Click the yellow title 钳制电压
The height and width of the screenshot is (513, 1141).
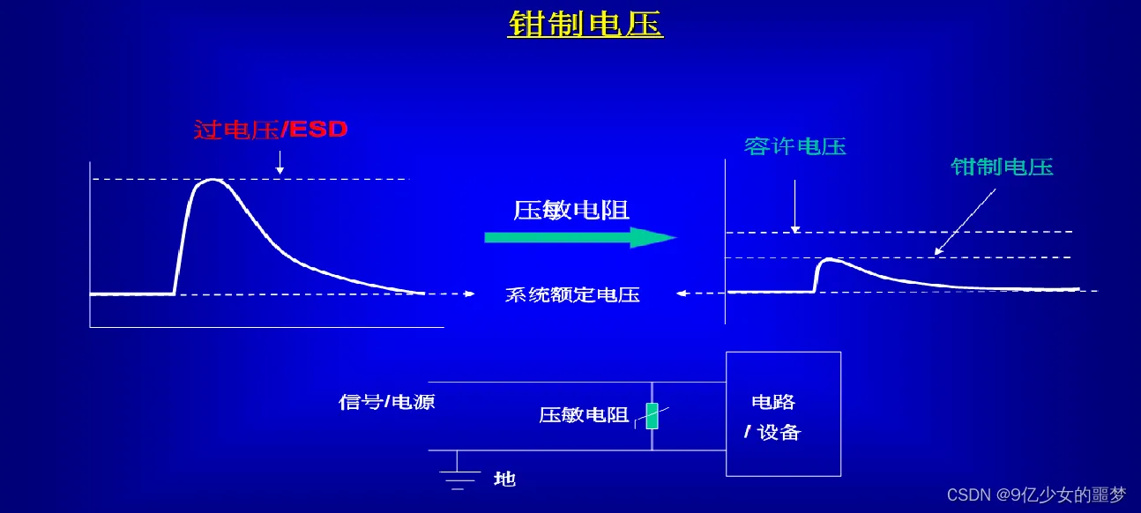585,24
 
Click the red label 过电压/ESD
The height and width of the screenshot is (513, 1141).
271,130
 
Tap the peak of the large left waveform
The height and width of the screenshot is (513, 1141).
212,180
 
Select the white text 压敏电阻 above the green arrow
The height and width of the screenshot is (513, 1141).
571,210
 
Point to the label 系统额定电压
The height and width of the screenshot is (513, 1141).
572,295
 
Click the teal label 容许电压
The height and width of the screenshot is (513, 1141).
794,146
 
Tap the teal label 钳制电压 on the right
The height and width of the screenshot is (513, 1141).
1002,167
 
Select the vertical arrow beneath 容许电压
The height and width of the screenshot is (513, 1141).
794,207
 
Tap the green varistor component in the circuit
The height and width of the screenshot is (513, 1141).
652,415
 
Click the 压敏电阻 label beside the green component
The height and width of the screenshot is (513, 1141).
583,415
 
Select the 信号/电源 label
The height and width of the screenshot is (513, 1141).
386,402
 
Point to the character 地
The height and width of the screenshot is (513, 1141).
504,479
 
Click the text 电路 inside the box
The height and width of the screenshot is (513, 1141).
773,402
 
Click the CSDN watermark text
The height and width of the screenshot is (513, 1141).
1036,495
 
